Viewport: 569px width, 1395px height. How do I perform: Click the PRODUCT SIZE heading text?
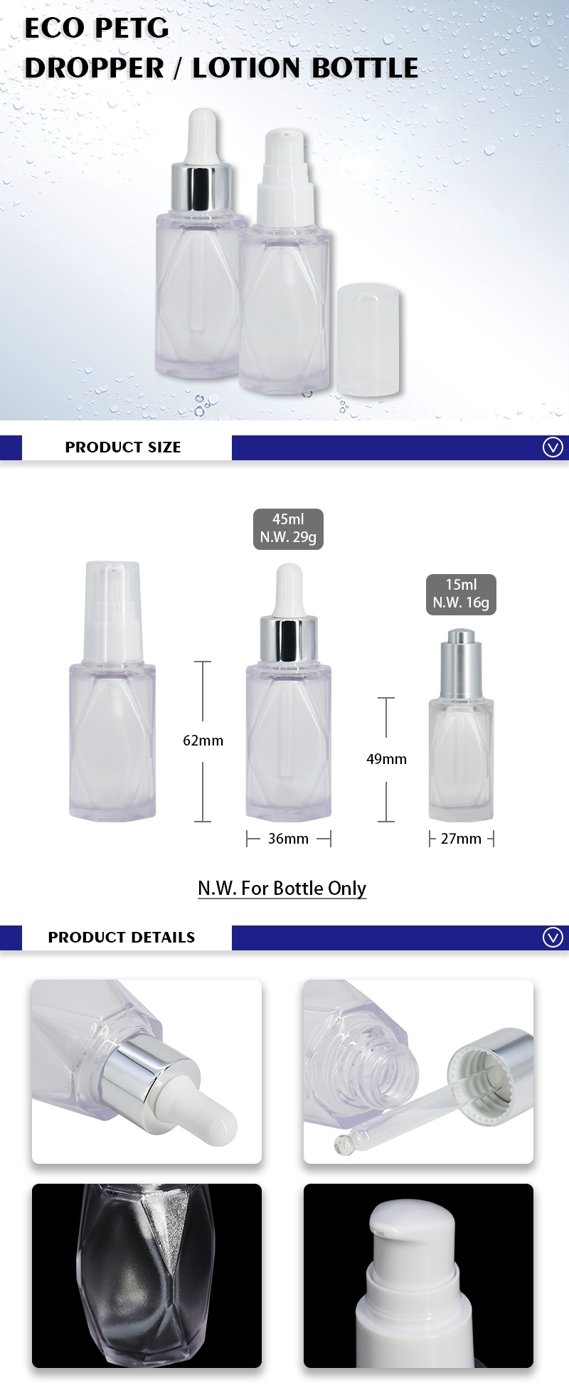click(123, 447)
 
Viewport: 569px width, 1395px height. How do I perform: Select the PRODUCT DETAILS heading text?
click(121, 937)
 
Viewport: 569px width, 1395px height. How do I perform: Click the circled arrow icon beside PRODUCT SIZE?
click(553, 447)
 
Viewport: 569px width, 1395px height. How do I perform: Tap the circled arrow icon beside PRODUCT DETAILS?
click(553, 937)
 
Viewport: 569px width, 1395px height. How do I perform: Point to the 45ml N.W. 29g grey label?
click(288, 529)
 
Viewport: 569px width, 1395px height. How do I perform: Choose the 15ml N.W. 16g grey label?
click(461, 594)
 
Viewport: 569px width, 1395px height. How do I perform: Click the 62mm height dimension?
click(203, 741)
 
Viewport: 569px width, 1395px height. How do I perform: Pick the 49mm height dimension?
click(386, 759)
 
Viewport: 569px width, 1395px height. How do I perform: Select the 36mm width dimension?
click(288, 839)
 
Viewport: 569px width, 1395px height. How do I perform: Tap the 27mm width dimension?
click(461, 839)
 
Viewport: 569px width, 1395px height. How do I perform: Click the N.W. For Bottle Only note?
click(282, 888)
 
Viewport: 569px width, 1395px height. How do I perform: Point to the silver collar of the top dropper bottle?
click(201, 188)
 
